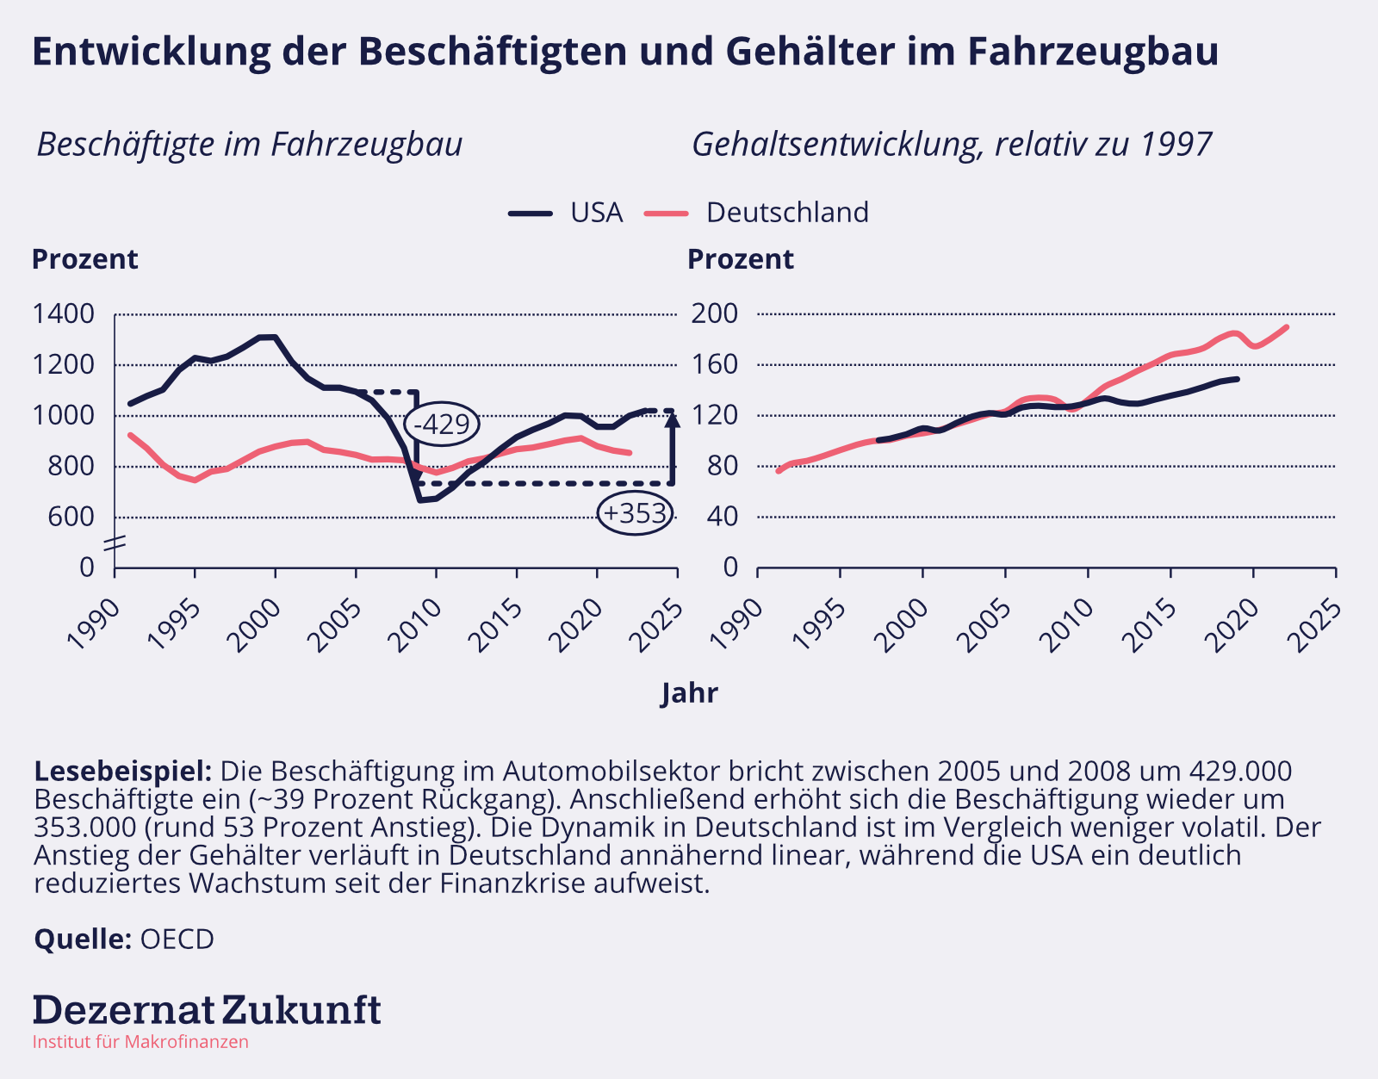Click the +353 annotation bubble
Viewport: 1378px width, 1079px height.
pos(636,513)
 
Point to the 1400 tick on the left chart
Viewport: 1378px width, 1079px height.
pos(63,314)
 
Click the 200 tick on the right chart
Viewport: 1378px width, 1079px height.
pos(715,314)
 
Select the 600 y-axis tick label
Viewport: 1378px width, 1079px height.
pos(75,517)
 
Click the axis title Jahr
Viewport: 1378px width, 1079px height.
pos(689,693)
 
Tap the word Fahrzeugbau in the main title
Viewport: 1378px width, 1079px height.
pos(1093,52)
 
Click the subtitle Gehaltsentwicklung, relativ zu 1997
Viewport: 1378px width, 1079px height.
pos(952,145)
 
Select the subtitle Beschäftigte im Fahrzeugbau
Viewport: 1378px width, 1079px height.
pos(250,145)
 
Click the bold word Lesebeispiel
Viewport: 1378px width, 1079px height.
pos(122,771)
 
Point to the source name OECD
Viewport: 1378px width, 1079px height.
pos(177,939)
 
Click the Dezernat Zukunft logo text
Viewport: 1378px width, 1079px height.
pos(207,1009)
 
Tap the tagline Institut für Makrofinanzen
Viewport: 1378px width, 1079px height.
pos(140,1042)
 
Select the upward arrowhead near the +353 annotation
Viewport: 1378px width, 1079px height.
pos(673,419)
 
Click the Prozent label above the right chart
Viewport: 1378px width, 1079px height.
pos(741,259)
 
